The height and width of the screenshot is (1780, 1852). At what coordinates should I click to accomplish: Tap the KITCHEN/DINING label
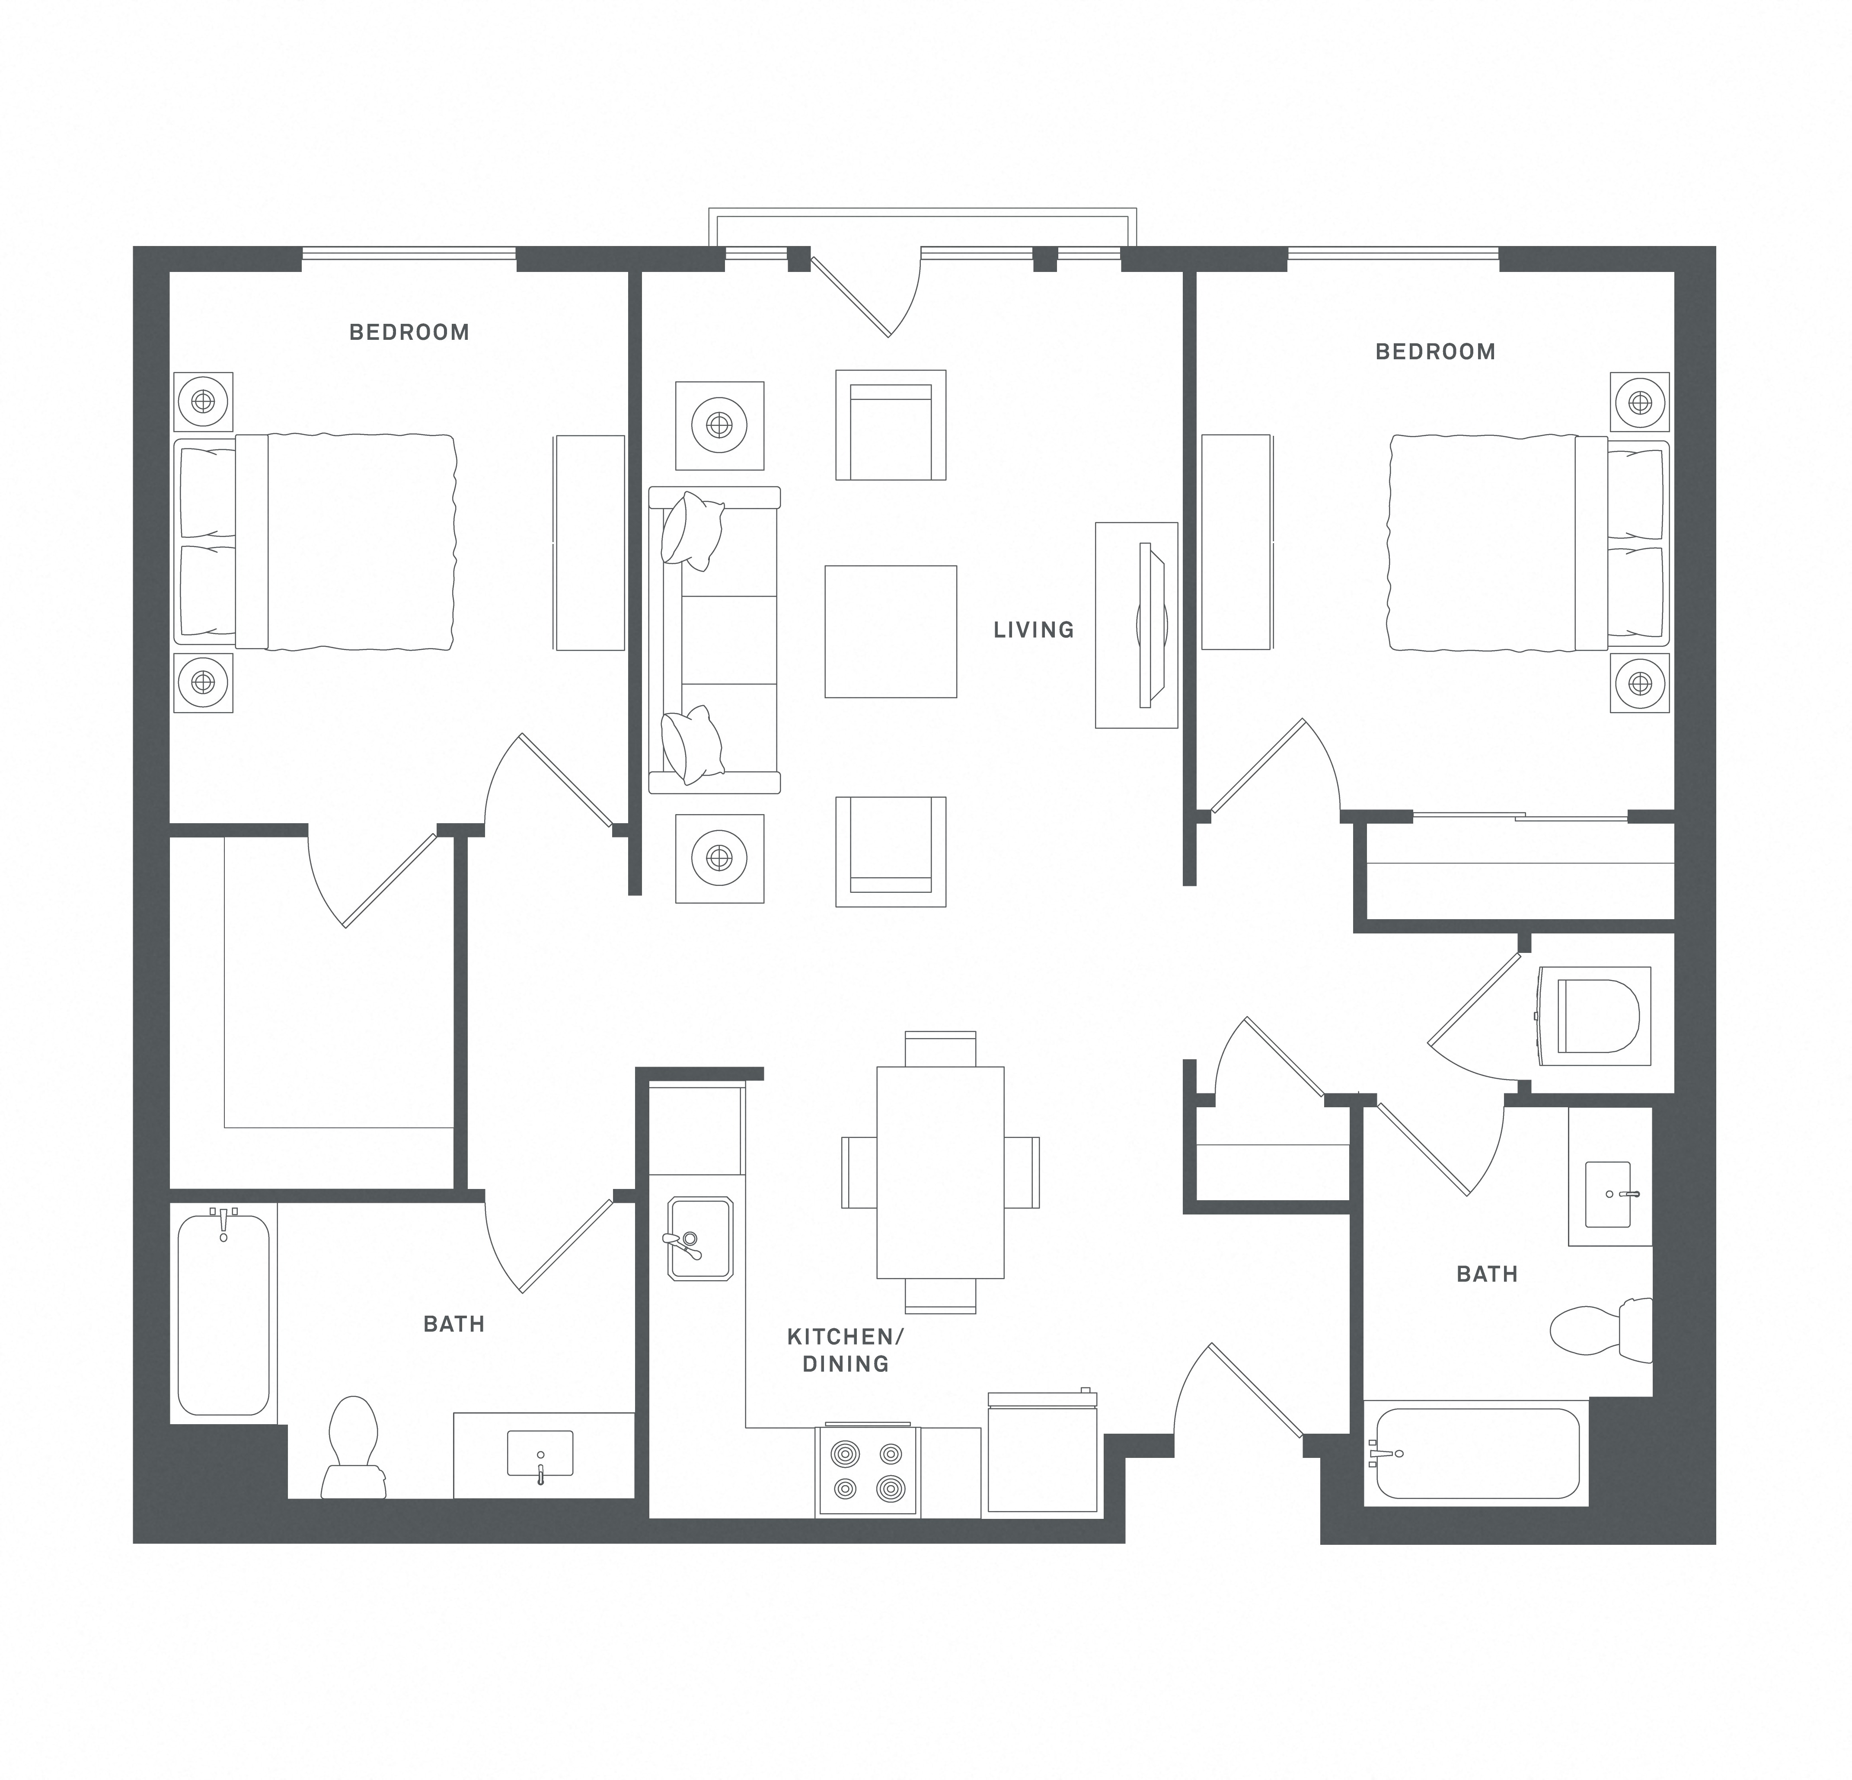[x=845, y=1349]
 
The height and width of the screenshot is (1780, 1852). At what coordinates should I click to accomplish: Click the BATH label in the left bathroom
[x=453, y=1324]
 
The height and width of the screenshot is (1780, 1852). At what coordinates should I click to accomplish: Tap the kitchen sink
[x=699, y=1239]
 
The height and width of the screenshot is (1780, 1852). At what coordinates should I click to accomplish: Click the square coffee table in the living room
[x=890, y=631]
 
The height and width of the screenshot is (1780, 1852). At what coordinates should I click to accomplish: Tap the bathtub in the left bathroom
[x=224, y=1313]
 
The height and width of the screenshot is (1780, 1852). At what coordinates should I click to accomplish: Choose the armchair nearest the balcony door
[x=890, y=425]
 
